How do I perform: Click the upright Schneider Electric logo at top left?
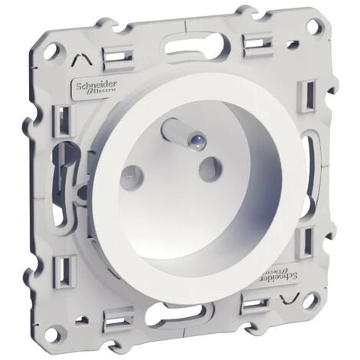[x=97, y=87]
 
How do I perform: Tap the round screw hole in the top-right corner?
[x=313, y=25]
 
